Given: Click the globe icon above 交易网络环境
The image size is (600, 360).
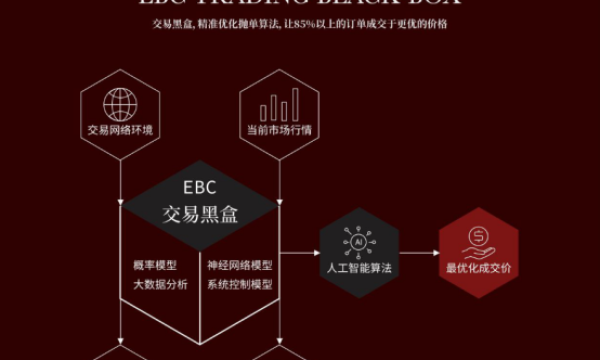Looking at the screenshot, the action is point(120,102).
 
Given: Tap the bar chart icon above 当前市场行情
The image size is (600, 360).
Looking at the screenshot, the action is point(279,104).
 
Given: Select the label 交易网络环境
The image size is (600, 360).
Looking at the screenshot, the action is point(120,130).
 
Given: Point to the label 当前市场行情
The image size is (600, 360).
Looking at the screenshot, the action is point(279,130).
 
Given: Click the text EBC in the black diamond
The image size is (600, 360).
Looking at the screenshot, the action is point(200,187).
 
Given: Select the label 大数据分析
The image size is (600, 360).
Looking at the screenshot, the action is point(160,284).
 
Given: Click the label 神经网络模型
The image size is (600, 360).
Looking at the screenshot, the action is point(239,266).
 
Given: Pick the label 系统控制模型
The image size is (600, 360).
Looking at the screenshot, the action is point(239,284).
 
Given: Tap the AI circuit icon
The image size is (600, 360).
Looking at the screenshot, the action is point(358,241).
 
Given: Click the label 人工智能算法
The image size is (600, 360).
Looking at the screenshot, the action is point(358,268).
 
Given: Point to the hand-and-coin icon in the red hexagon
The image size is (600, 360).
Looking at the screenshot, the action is point(478,240).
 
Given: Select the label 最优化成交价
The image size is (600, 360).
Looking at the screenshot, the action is point(478,268).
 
